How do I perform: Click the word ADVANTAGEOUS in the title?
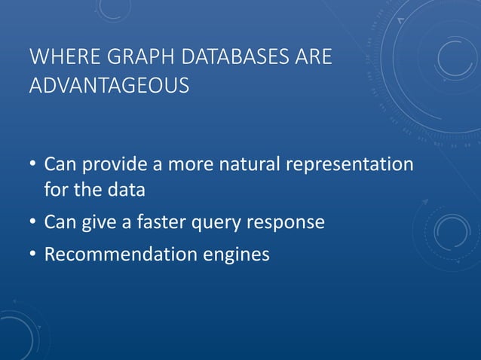[109, 87]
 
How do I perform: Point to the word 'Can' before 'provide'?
[59, 164]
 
